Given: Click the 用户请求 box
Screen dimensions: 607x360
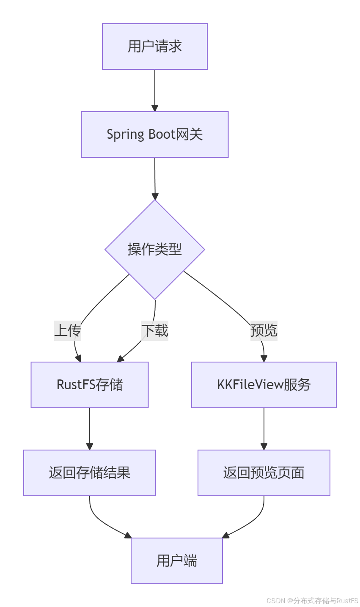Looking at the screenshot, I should click(154, 47).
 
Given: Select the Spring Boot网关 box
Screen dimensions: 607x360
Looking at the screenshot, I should click(154, 135).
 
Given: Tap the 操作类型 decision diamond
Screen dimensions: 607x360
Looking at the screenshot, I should click(154, 249).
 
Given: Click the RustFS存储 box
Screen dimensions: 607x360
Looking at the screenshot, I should click(89, 385).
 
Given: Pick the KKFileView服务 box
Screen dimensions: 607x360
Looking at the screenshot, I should click(264, 385).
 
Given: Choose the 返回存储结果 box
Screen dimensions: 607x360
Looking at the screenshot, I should click(89, 472).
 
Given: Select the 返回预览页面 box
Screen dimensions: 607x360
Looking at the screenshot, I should click(264, 472).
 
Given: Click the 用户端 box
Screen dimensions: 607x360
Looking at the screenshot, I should click(176, 560).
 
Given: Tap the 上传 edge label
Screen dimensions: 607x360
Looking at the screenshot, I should click(68, 330).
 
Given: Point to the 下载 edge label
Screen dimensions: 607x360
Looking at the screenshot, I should click(155, 330).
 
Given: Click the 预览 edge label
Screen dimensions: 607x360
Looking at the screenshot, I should click(264, 330).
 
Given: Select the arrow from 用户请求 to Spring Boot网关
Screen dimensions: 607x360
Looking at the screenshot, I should click(155, 90).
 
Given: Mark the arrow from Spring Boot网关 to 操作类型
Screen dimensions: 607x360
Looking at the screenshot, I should click(155, 178).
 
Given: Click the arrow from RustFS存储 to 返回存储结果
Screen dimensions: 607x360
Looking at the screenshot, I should click(90, 428).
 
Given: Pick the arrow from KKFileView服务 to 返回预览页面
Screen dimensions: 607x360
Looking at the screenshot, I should click(264, 428).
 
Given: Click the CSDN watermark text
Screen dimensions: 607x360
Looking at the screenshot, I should click(312, 601).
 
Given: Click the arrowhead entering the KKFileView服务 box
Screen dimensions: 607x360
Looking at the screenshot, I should click(264, 359).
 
